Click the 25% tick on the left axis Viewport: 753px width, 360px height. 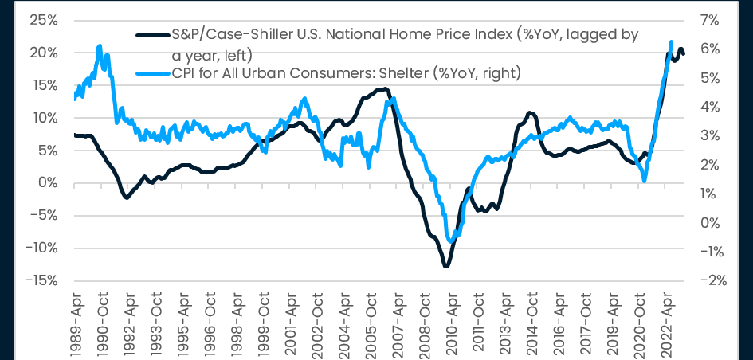point(39,20)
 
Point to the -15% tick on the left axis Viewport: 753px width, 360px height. point(37,280)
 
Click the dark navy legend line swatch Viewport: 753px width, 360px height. point(153,36)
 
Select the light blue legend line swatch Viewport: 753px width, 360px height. point(153,74)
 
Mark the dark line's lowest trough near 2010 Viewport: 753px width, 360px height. point(445,266)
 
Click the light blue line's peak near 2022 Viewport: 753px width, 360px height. point(671,41)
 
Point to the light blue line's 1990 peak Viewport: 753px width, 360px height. point(99,46)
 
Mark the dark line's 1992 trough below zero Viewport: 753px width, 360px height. point(127,198)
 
